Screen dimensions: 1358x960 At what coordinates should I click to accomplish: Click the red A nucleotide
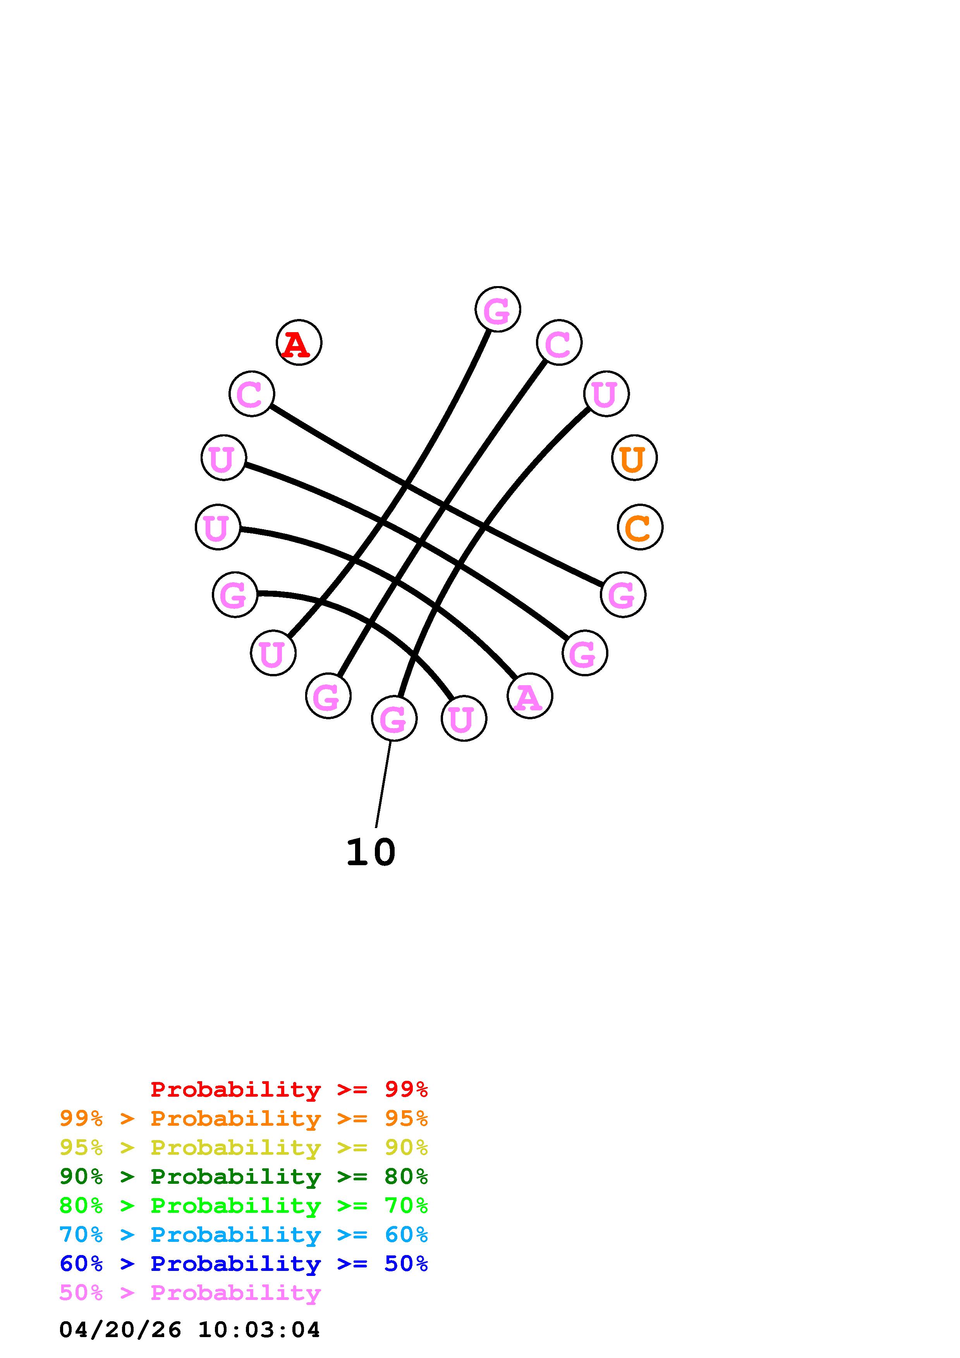[x=299, y=343]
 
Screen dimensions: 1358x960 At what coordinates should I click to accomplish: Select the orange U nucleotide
[x=634, y=458]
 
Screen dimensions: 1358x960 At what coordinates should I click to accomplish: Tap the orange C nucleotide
[x=640, y=527]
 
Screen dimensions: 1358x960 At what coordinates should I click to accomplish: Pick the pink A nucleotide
[x=529, y=696]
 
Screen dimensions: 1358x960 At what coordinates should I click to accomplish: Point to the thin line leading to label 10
[x=383, y=784]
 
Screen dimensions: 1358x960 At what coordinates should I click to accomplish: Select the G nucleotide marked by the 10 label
[x=394, y=718]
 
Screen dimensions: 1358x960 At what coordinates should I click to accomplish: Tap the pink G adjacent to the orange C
[x=623, y=595]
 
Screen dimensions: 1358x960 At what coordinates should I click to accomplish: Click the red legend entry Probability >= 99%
[x=289, y=1089]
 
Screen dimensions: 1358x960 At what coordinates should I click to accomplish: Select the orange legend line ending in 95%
[x=244, y=1118]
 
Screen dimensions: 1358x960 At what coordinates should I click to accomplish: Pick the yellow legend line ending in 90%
[x=244, y=1147]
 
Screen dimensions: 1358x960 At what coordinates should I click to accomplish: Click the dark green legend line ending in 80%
[x=244, y=1176]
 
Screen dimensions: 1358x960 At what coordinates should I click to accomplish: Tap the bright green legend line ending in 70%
[x=244, y=1205]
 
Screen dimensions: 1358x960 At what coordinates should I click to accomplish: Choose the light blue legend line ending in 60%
[x=244, y=1235]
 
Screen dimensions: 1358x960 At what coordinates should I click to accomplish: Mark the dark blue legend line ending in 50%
[x=244, y=1264]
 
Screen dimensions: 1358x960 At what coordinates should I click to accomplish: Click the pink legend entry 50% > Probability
[x=190, y=1292]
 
